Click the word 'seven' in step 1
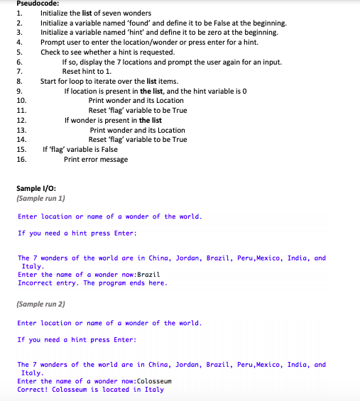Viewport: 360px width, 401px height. (x=105, y=13)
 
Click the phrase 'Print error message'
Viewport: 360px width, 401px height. (x=96, y=159)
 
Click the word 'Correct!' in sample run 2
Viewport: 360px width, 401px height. (x=33, y=390)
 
